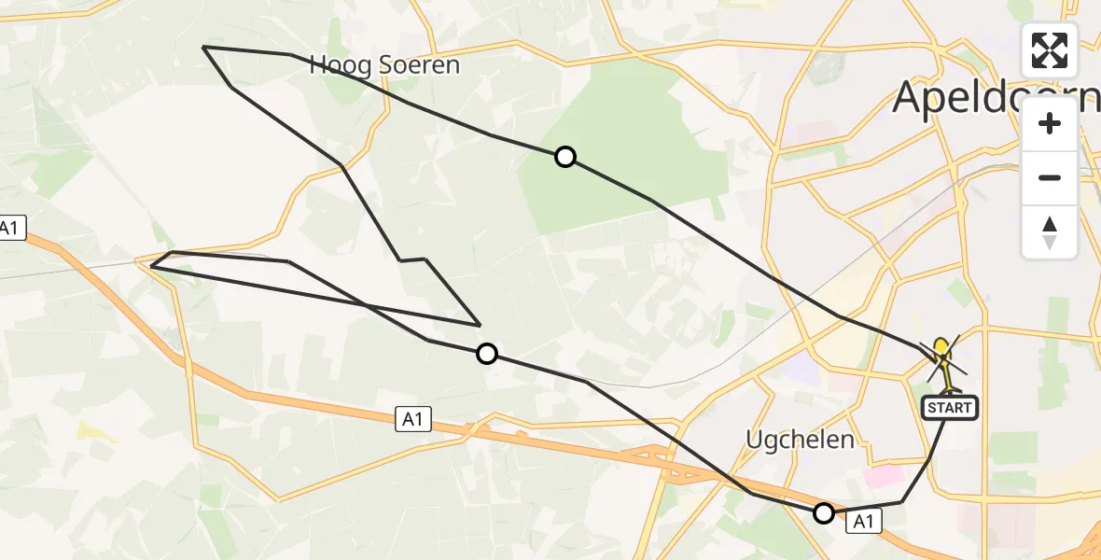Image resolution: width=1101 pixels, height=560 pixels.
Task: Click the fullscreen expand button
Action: point(1050,50)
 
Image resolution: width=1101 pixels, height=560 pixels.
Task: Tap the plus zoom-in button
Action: point(1050,124)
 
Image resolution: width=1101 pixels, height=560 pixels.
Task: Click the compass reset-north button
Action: point(1050,232)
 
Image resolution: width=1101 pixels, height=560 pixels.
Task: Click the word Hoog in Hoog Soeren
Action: point(340,65)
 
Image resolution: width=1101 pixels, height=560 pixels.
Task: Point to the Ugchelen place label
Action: point(800,439)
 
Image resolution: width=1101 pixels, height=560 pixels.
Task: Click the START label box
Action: point(949,408)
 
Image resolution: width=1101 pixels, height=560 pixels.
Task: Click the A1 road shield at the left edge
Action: point(10,229)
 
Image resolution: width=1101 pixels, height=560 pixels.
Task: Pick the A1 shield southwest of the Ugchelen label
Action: point(411,421)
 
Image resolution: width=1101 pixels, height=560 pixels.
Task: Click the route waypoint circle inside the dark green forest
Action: point(564,157)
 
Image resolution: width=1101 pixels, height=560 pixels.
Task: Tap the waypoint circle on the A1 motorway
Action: point(823,512)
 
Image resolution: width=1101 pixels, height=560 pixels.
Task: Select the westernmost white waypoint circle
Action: point(486,353)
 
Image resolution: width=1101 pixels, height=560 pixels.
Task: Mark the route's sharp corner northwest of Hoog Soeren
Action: point(204,47)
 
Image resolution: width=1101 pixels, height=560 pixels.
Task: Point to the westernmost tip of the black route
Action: point(151,266)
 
